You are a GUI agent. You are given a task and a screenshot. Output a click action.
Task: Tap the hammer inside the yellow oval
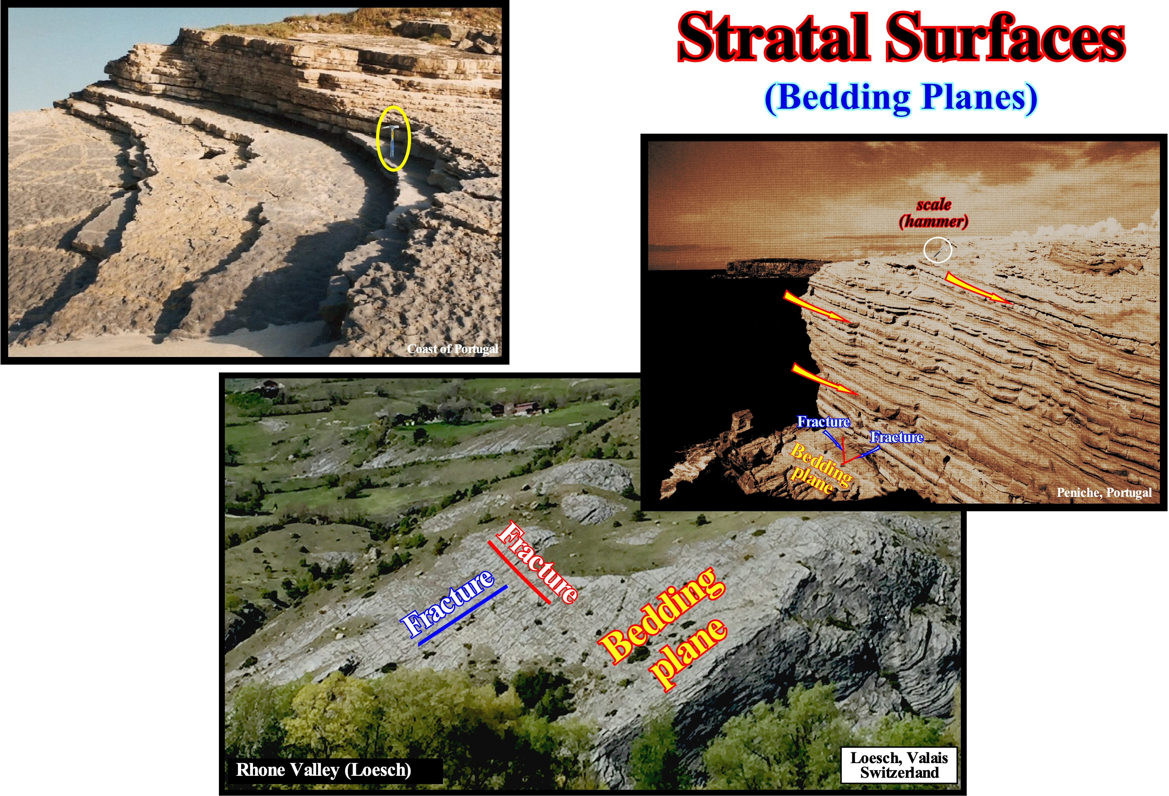[392, 140]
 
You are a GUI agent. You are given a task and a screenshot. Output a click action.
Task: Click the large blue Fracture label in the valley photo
[448, 602]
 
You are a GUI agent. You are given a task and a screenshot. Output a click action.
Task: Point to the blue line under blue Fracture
[463, 615]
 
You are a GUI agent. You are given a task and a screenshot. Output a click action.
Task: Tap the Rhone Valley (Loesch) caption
[323, 770]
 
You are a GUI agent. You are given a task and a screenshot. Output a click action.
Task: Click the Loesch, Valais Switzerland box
[899, 765]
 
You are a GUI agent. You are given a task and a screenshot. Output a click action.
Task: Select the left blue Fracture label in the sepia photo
[823, 422]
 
